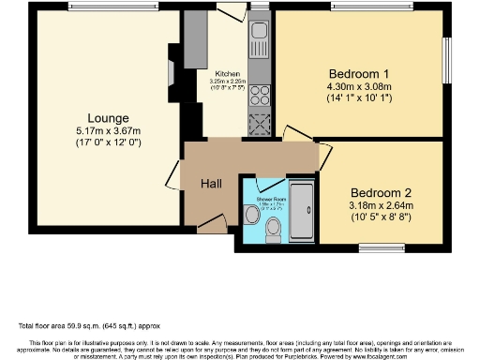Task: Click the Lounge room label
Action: (90, 118)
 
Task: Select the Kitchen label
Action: (228, 74)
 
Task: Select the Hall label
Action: (211, 184)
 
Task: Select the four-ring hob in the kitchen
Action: (258, 96)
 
